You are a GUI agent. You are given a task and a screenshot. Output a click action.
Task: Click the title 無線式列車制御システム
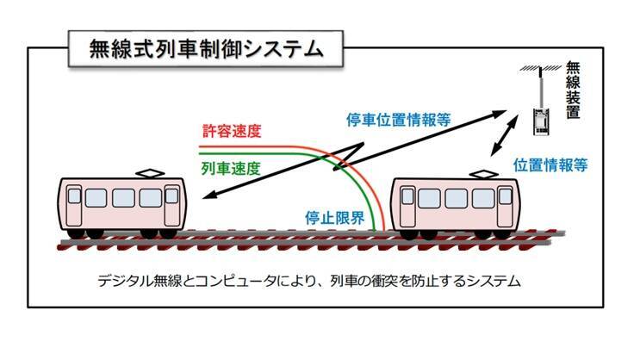pyautogui.click(x=206, y=48)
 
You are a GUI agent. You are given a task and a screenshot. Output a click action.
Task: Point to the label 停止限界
pyautogui.click(x=335, y=217)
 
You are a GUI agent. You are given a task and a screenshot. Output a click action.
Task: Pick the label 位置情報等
pyautogui.click(x=550, y=164)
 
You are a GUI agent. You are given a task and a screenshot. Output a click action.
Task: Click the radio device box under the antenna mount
pyautogui.click(x=540, y=120)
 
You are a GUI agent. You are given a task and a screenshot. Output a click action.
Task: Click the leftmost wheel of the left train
pyautogui.click(x=78, y=232)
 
